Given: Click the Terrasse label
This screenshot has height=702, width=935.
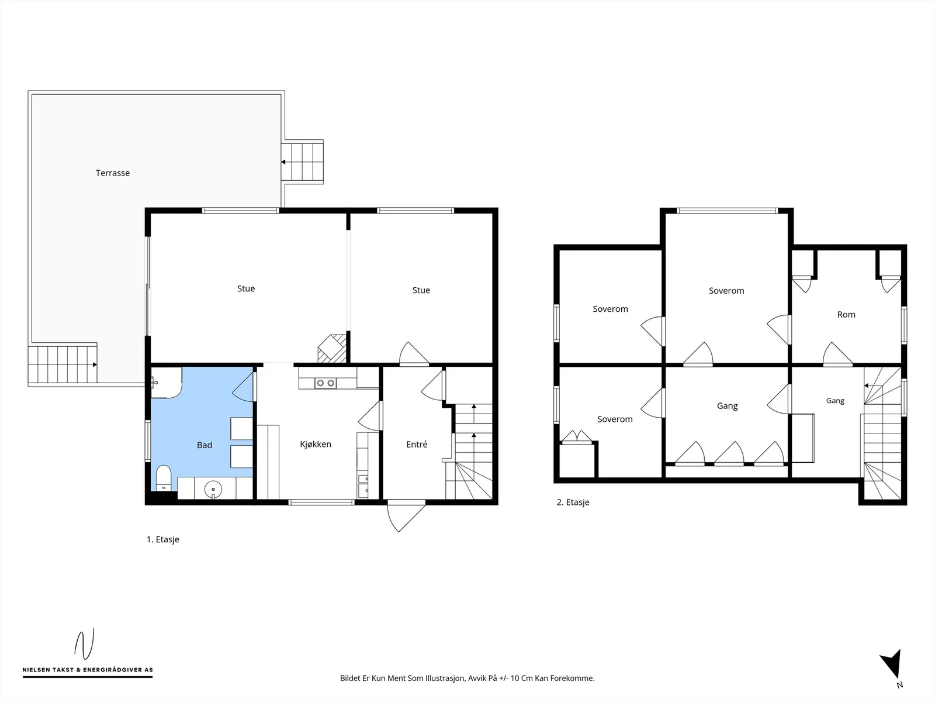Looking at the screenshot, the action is click(112, 173).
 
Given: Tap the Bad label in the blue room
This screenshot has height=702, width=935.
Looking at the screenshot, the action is click(205, 445).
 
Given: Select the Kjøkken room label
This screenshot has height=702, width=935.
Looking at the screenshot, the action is click(316, 444).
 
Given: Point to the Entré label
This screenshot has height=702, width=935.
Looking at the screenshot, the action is click(417, 445).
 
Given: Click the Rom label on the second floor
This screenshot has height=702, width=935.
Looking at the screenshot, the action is click(846, 315).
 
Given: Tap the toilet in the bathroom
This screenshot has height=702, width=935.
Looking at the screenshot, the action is click(164, 478).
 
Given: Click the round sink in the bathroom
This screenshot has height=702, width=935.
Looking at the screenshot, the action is click(213, 490).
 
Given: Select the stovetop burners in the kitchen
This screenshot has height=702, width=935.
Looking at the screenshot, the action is click(325, 383).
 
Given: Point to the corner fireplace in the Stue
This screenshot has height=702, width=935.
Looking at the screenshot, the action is click(332, 349).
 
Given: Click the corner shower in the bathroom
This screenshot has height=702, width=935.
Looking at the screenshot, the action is click(167, 383).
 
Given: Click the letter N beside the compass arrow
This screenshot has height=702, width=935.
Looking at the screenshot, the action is click(899, 685).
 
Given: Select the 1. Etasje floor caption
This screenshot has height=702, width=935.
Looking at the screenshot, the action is click(162, 539).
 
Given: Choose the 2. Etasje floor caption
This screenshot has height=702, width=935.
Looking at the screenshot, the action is click(573, 502).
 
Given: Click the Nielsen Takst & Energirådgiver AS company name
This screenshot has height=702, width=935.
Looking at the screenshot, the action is click(88, 670).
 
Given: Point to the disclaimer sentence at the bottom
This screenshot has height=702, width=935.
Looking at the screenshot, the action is click(467, 678).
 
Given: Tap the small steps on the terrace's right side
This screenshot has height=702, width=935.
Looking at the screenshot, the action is click(302, 162).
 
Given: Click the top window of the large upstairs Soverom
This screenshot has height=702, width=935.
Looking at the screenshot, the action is click(727, 211).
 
